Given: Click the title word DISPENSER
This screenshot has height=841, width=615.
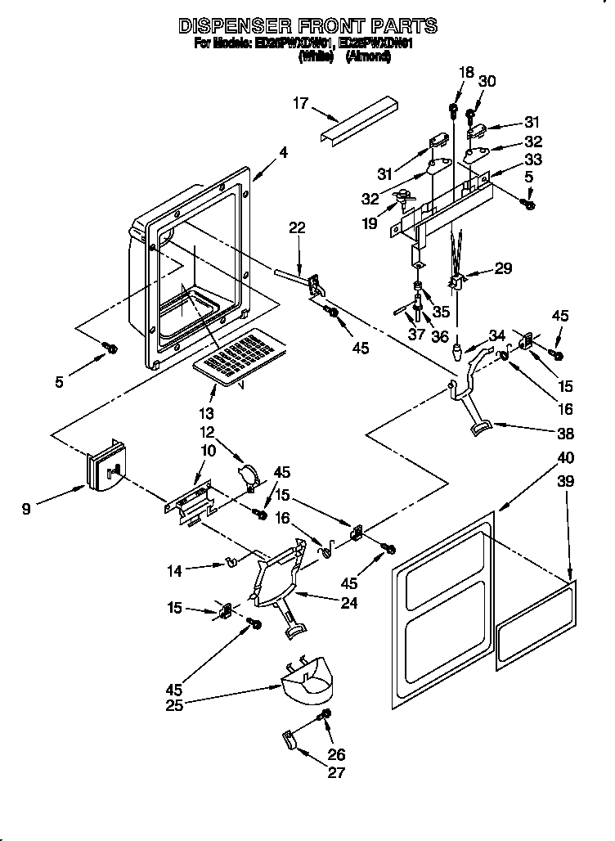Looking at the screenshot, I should point(231,26).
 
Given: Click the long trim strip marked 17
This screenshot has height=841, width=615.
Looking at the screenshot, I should point(358,120).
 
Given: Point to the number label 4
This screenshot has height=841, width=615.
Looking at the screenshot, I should point(283,151).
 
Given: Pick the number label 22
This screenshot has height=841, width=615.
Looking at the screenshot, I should point(298,228).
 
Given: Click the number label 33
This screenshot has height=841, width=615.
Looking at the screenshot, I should point(533,159).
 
